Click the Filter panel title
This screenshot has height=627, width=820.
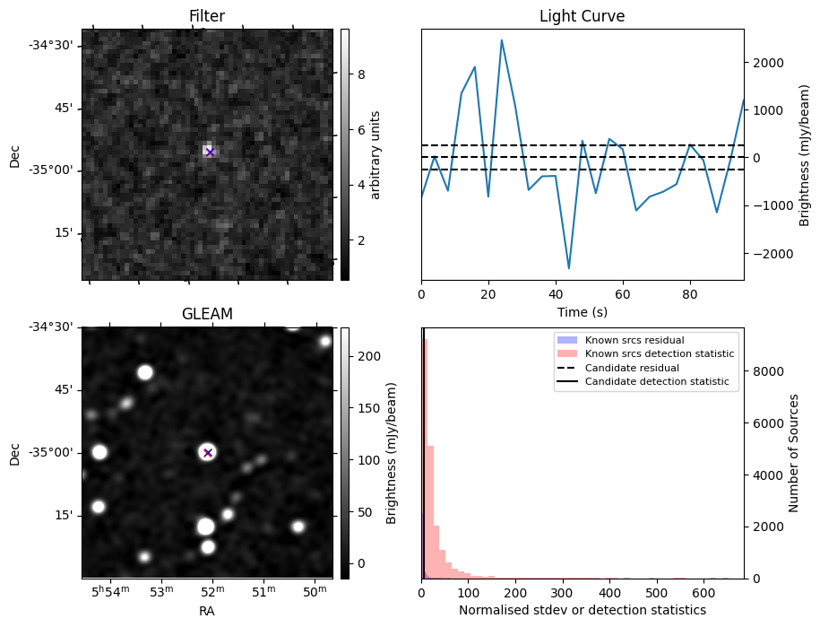click(206, 16)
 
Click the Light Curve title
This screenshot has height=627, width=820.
click(582, 16)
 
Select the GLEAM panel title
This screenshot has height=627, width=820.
click(206, 314)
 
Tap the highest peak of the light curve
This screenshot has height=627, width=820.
click(501, 40)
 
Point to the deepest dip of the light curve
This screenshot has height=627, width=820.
click(568, 268)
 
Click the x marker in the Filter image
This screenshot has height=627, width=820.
click(210, 152)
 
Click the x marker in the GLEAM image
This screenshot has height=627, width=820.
click(208, 452)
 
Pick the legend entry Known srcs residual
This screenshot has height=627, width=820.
click(634, 341)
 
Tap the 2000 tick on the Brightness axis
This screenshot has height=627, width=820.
click(769, 63)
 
